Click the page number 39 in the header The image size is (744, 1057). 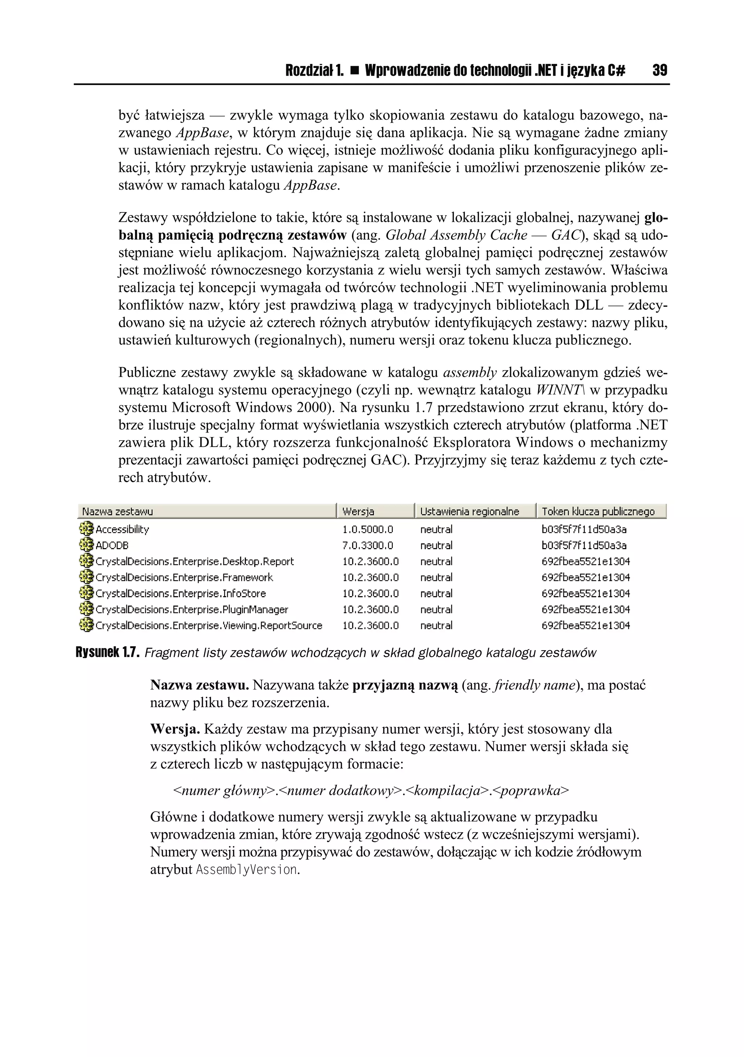659,70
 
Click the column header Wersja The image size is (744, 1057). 358,511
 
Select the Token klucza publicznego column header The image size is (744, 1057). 598,511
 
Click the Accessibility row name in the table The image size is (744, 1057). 122,530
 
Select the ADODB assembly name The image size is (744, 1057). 112,546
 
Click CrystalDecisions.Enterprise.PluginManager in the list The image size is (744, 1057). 191,610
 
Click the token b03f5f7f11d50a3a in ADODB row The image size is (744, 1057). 584,546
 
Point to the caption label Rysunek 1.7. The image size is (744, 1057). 107,653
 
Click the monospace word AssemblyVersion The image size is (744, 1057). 246,870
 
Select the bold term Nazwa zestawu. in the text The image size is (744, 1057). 199,685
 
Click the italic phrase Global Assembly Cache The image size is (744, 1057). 456,235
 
